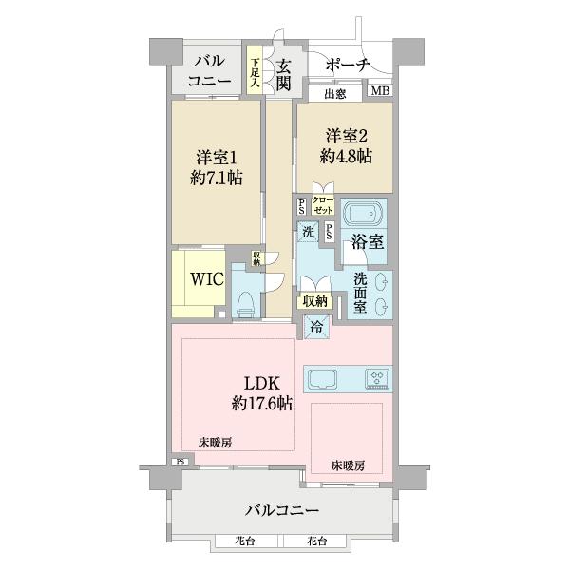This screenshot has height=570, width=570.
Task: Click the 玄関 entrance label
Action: (x=283, y=74)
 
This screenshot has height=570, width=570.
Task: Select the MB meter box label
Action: (x=380, y=91)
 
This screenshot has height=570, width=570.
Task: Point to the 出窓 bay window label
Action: (x=334, y=93)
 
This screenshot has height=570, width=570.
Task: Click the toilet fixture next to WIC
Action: (x=245, y=302)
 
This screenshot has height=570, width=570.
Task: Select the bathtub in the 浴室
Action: (x=363, y=214)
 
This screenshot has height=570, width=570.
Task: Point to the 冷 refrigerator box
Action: (x=316, y=328)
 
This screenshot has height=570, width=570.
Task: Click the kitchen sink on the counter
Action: (x=321, y=378)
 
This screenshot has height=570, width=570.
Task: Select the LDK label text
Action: (x=262, y=383)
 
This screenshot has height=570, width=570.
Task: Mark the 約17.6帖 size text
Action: (x=262, y=403)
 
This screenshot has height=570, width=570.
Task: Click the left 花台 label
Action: (x=246, y=541)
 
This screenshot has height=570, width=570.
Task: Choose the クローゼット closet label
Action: (x=323, y=204)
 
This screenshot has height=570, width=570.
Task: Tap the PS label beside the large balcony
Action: (x=179, y=463)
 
